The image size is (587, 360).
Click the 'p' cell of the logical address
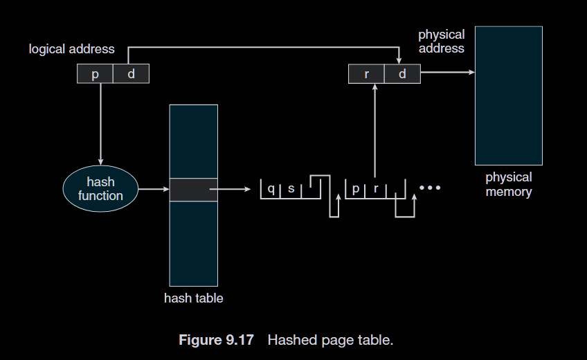coord(95,73)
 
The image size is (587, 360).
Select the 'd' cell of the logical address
coord(131,73)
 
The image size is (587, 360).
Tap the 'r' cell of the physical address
coord(366,73)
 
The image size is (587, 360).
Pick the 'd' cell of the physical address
coord(402,73)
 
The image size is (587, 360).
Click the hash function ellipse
coord(100,188)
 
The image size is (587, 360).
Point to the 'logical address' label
coord(72,49)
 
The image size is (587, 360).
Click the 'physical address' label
coord(441,41)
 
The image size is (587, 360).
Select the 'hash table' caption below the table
coord(193,298)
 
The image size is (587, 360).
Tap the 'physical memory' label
coord(509,184)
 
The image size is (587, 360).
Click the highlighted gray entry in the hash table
coord(193,189)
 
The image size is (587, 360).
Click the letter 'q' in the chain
coord(271,188)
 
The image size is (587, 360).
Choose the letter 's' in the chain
coord(291,188)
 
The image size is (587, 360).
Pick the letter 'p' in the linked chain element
coord(355,188)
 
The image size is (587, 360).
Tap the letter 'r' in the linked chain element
coord(375,188)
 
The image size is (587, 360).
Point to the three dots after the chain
coord(429,188)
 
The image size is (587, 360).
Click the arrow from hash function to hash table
coord(154,188)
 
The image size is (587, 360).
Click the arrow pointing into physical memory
coord(447,72)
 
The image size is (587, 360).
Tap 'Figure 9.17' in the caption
coord(216,340)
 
